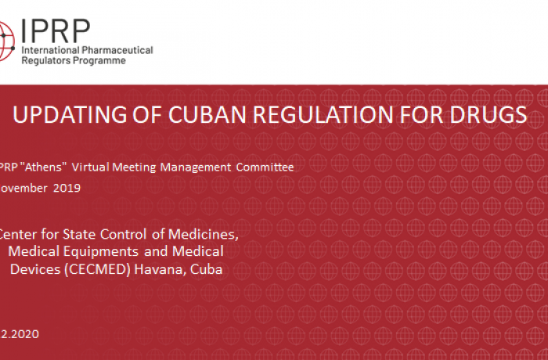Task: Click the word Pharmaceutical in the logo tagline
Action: pyautogui.click(x=118, y=50)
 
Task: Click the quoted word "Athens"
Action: pyautogui.click(x=45, y=167)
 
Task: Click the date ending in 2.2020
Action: pyautogui.click(x=20, y=333)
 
